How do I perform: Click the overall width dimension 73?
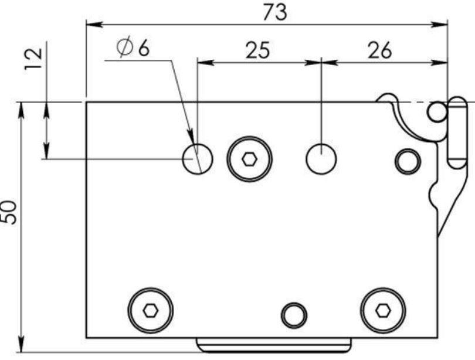[275, 12]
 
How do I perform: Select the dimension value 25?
[257, 50]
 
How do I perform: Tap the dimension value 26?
[379, 50]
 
